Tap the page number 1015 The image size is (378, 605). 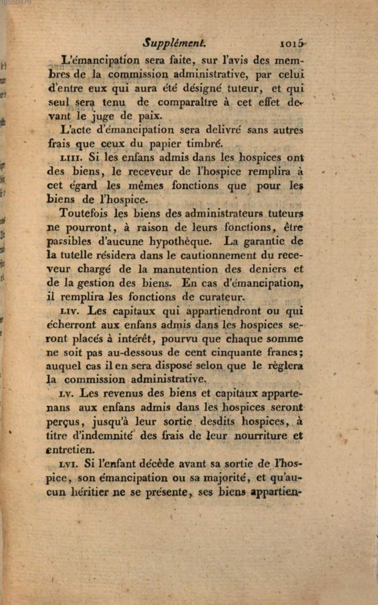294,43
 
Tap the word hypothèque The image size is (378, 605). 175,241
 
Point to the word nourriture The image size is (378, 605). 258,435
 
